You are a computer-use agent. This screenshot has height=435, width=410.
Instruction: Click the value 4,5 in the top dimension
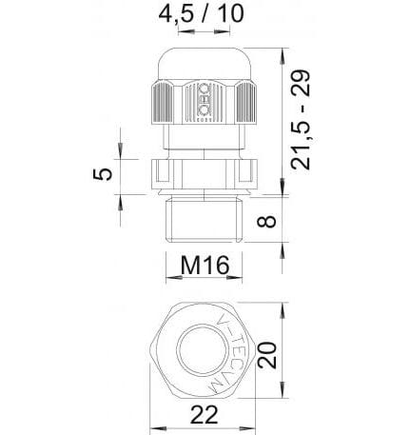pyautogui.click(x=174, y=15)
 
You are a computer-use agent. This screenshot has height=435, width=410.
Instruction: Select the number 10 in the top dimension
pyautogui.click(x=226, y=15)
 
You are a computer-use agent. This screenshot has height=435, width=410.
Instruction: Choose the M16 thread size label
pyautogui.click(x=202, y=266)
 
